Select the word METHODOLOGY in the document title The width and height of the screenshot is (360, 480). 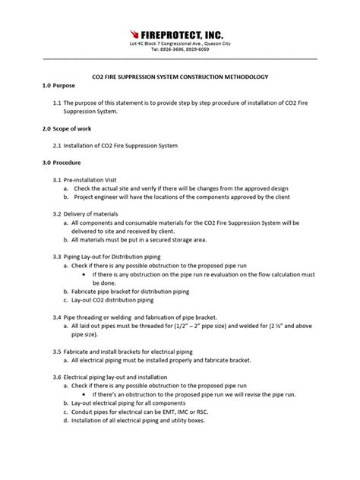point(241,77)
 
